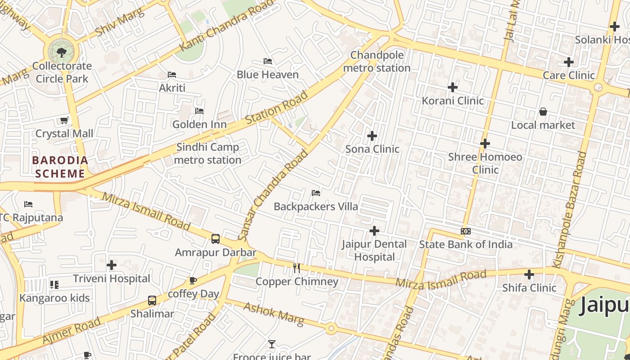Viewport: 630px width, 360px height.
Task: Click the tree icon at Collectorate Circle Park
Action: point(62,53)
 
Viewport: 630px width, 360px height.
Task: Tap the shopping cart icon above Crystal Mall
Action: point(64,120)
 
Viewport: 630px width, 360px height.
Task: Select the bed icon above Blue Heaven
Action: point(268,61)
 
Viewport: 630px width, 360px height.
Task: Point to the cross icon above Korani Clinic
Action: point(453,87)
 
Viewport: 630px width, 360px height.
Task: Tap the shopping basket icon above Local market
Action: point(543,112)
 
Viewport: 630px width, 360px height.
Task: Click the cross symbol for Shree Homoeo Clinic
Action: point(485,144)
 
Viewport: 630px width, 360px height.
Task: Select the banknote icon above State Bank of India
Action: point(466,231)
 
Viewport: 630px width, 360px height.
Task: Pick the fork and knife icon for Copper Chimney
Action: point(297,268)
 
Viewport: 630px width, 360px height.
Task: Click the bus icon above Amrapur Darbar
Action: point(216,239)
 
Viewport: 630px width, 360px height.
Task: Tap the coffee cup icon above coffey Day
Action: point(193,281)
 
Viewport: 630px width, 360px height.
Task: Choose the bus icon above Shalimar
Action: point(152,301)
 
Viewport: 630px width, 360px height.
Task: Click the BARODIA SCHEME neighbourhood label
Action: point(60,167)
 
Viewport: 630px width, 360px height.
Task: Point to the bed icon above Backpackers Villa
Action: point(316,193)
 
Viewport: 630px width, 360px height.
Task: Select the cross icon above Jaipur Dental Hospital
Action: point(374,231)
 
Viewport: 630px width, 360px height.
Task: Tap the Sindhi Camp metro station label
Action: point(207,153)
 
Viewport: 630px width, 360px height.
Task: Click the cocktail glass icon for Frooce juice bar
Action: point(272,344)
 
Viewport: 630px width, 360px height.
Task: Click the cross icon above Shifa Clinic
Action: point(529,274)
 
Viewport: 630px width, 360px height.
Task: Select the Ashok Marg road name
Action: point(274,314)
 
